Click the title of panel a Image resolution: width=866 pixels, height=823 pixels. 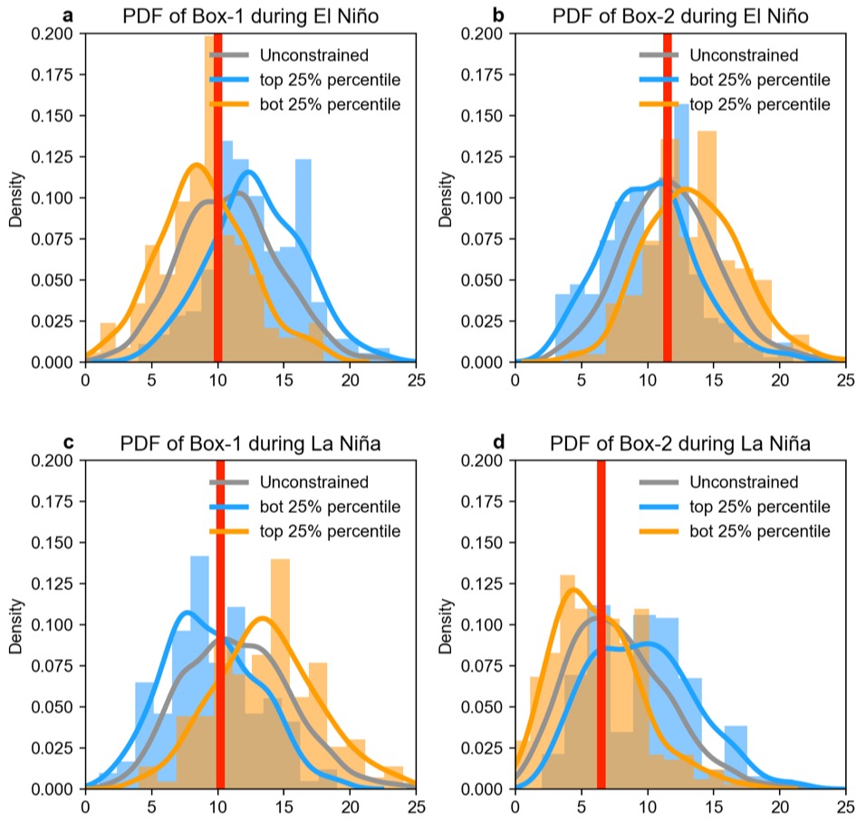click(x=250, y=16)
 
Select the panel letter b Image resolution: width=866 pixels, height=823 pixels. click(x=498, y=15)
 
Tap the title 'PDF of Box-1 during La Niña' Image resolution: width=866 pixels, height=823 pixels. click(x=250, y=444)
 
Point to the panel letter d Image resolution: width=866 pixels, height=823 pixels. click(x=498, y=442)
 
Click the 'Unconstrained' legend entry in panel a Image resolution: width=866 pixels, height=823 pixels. click(x=289, y=55)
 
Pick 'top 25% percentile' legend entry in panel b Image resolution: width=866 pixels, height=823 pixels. click(x=735, y=104)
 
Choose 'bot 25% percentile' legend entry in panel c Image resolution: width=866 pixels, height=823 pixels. click(x=305, y=507)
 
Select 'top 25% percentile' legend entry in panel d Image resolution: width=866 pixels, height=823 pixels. click(x=735, y=507)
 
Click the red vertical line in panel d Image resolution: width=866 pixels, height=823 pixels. click(x=601, y=624)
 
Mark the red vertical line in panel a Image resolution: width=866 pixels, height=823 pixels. click(x=217, y=198)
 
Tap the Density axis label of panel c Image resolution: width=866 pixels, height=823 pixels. click(x=15, y=625)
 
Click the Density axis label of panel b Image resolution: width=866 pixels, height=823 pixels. click(x=445, y=199)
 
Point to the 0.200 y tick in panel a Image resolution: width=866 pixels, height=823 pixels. click(x=52, y=34)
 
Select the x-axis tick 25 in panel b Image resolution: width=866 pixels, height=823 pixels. click(x=845, y=381)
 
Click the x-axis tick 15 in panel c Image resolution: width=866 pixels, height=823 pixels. click(x=284, y=807)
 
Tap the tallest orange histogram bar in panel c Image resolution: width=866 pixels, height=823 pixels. click(x=280, y=673)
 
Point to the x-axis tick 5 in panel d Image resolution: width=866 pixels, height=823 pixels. click(x=581, y=807)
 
